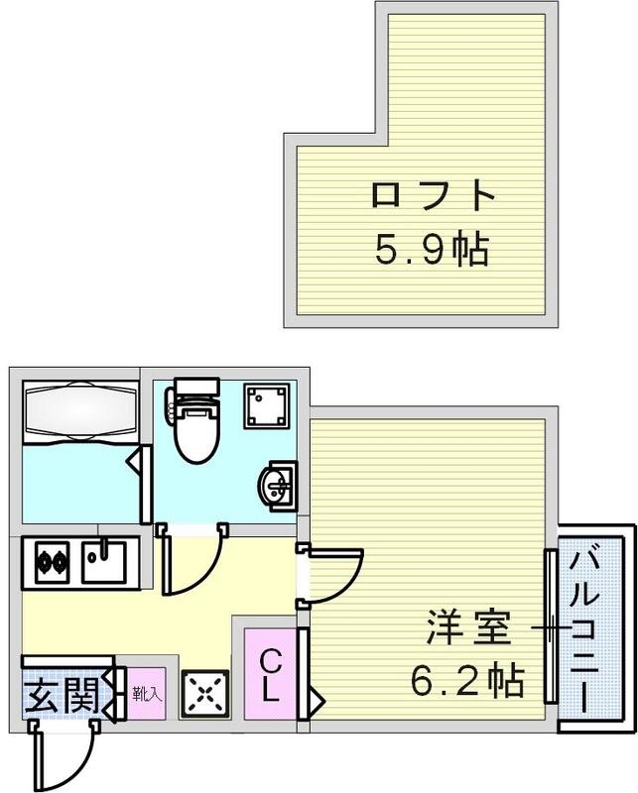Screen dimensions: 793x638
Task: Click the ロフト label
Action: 433,194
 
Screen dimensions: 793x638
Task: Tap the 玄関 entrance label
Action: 62,694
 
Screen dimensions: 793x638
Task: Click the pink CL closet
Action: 269,674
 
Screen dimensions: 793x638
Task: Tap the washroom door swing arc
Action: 191,563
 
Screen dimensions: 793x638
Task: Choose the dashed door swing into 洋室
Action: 330,573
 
